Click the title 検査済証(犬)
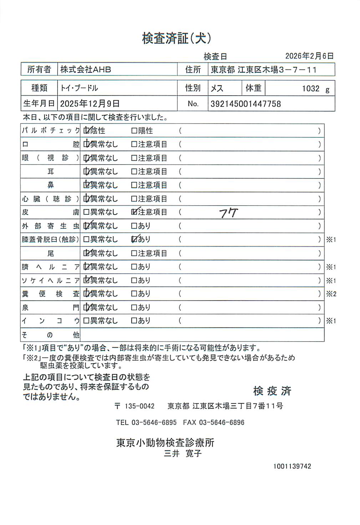(x=176, y=38)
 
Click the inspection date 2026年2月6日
(x=309, y=56)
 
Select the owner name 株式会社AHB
(x=86, y=70)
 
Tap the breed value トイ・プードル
(x=79, y=88)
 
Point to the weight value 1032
(x=310, y=89)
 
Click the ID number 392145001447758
(x=245, y=104)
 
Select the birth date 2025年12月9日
(x=90, y=104)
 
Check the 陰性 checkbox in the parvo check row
(x=86, y=131)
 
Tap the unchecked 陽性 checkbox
(x=134, y=131)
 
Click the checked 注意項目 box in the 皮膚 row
(x=134, y=212)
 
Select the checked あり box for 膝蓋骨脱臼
(x=134, y=239)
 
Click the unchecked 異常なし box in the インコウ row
(x=86, y=321)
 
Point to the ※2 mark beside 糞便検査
(x=331, y=294)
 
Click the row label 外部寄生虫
(x=50, y=226)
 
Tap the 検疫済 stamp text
(x=272, y=391)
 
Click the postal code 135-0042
(x=139, y=406)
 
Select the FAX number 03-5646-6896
(x=221, y=423)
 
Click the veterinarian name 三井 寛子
(x=183, y=454)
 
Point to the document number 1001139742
(x=292, y=466)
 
